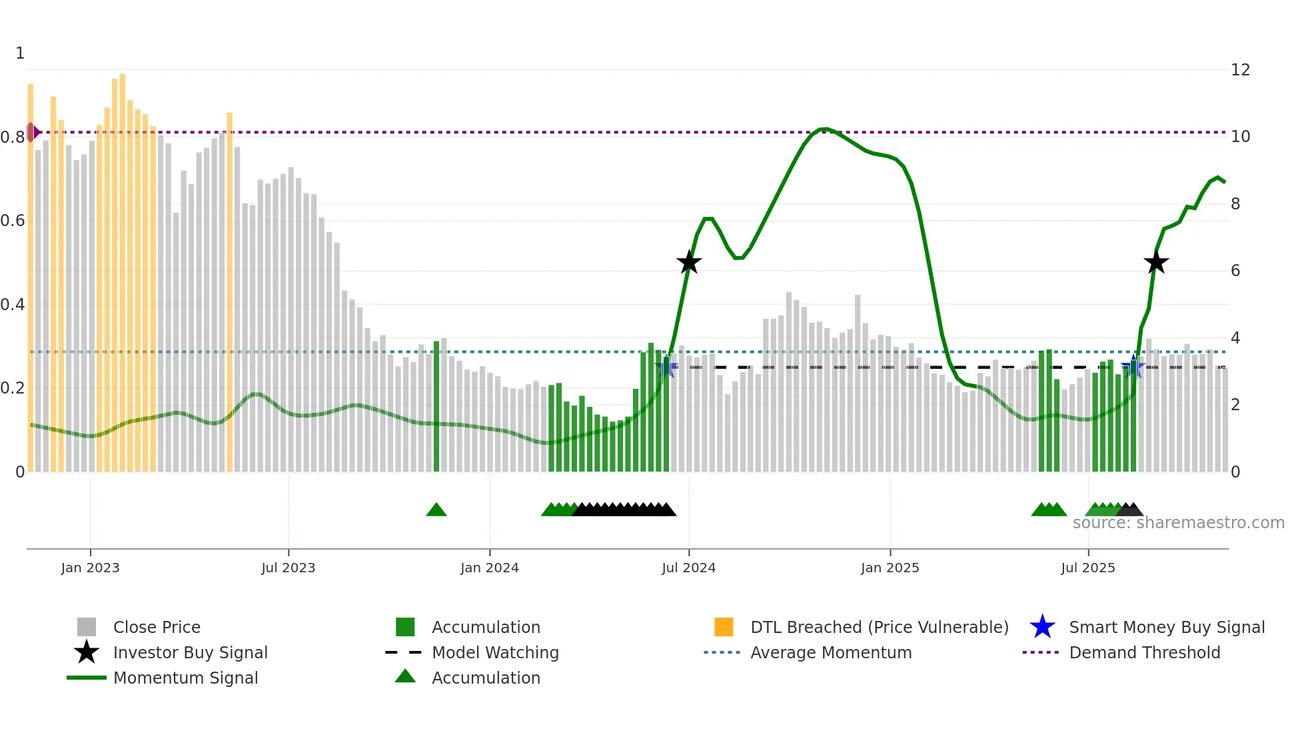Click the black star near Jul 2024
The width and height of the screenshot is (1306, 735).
tap(689, 262)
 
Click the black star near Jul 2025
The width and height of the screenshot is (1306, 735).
tap(1156, 262)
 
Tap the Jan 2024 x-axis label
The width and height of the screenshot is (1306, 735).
tap(489, 568)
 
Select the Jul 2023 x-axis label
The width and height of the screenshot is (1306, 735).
tap(288, 568)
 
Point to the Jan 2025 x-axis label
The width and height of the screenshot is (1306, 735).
tap(890, 568)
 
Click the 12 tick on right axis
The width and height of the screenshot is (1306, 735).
tap(1240, 70)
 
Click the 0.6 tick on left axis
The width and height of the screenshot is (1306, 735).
tap(13, 221)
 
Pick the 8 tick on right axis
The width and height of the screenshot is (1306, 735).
tap(1235, 204)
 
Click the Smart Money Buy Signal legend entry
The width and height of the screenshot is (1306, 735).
tap(1166, 627)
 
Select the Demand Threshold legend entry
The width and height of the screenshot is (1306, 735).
tap(1144, 652)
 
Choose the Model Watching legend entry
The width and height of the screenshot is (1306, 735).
tap(494, 652)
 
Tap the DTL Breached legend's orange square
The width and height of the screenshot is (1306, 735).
tap(724, 627)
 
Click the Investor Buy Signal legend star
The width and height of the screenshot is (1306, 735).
tap(87, 652)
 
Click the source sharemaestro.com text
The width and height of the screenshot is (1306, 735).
tap(1178, 523)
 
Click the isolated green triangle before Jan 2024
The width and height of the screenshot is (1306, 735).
tap(436, 510)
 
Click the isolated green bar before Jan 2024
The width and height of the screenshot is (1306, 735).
tap(436, 407)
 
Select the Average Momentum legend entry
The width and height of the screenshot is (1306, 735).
tap(830, 652)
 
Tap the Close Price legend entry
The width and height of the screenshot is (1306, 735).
tap(156, 627)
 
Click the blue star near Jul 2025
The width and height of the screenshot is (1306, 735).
tap(1133, 367)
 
